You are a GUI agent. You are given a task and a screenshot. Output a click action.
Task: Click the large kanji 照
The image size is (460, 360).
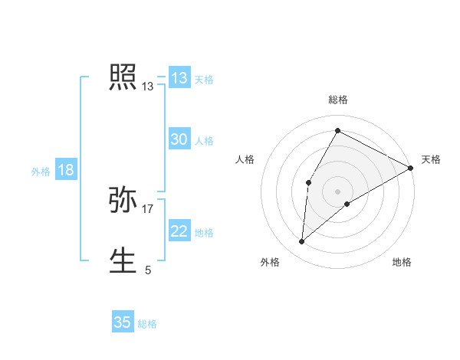pos(123,77)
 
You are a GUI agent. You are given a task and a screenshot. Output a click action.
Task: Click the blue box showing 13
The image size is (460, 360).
pos(179,78)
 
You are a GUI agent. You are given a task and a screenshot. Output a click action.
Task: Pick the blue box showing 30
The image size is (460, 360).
pos(179,139)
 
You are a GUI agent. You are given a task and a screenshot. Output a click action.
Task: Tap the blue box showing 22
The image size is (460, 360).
pos(179,231)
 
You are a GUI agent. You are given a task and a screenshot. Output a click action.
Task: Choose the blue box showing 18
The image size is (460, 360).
pos(66,170)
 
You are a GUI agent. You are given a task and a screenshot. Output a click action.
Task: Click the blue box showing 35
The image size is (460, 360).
pos(123,322)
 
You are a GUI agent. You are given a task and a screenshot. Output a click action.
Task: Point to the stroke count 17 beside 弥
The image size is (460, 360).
pos(148,208)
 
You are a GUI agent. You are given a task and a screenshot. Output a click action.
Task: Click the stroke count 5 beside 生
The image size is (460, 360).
pos(148,270)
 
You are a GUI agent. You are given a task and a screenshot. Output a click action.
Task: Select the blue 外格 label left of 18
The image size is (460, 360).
pos(41,172)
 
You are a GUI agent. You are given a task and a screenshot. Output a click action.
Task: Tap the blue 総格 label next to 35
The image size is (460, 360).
pos(147,324)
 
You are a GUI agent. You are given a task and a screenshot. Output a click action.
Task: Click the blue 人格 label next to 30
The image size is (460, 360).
pos(204,141)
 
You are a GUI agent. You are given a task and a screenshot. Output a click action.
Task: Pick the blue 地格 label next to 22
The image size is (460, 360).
pos(204,233)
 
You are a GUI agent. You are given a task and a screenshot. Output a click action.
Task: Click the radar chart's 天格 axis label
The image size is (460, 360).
pos(431,159)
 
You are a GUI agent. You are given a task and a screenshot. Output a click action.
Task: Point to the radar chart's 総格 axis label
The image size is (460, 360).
pos(338,100)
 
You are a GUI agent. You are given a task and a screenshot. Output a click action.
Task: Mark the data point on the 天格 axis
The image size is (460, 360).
pos(410,168)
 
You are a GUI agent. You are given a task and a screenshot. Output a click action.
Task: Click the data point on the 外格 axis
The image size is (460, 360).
pos(302,242)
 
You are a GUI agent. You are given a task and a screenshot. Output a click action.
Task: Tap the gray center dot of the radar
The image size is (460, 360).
pos(337,191)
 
